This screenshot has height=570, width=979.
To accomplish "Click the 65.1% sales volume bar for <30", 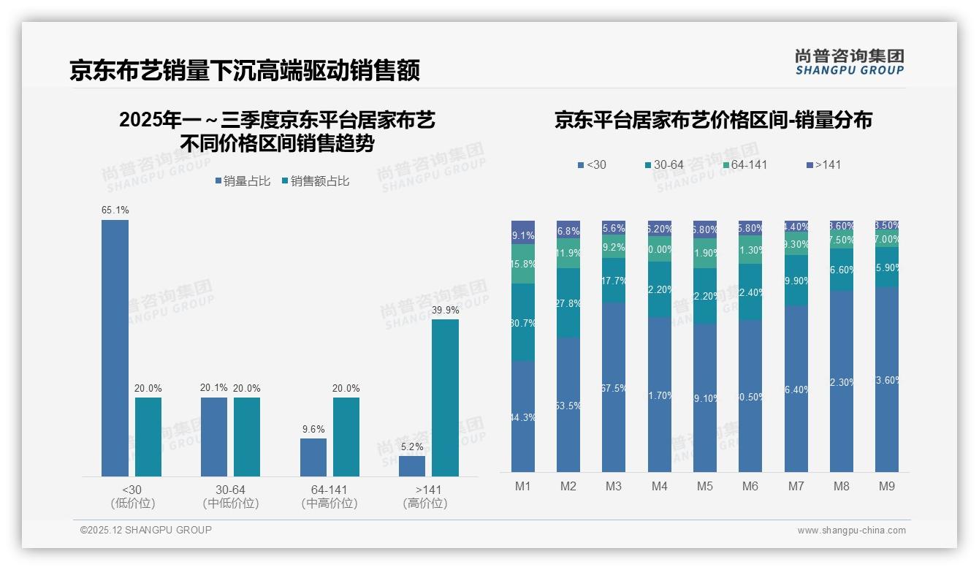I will pyautogui.click(x=115, y=348).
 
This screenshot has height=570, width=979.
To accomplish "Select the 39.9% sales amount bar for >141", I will pyautogui.click(x=445, y=398).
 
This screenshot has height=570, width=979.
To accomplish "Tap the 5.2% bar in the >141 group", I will pyautogui.click(x=412, y=466).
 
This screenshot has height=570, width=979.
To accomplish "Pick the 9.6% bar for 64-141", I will pyautogui.click(x=313, y=457).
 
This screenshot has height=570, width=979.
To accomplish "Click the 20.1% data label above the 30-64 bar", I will pyautogui.click(x=214, y=388).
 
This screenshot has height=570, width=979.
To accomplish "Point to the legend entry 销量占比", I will pyautogui.click(x=243, y=181).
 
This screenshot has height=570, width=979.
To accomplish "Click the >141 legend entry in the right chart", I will pyautogui.click(x=823, y=165).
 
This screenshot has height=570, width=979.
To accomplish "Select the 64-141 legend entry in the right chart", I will pyautogui.click(x=744, y=165).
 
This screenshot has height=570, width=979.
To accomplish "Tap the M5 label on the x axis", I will pyautogui.click(x=704, y=486).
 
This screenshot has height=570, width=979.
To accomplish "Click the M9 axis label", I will pyautogui.click(x=886, y=486).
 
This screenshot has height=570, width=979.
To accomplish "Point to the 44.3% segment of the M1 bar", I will pyautogui.click(x=523, y=417).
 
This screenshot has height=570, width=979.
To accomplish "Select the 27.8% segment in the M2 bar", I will pyautogui.click(x=568, y=303).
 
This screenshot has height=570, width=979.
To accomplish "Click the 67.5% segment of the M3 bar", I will pyautogui.click(x=614, y=387).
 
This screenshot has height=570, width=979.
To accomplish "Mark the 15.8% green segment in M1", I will pyautogui.click(x=523, y=264).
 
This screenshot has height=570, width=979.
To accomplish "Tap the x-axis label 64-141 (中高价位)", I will pyautogui.click(x=329, y=496).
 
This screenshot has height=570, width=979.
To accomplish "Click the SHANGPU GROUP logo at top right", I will pyautogui.click(x=849, y=62).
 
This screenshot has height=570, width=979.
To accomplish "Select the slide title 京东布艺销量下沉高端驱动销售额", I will pyautogui.click(x=245, y=71).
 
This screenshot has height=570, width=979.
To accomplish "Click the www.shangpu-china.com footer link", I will pyautogui.click(x=851, y=531).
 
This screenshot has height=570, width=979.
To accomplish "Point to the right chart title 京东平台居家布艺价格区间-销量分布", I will pyautogui.click(x=712, y=121).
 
